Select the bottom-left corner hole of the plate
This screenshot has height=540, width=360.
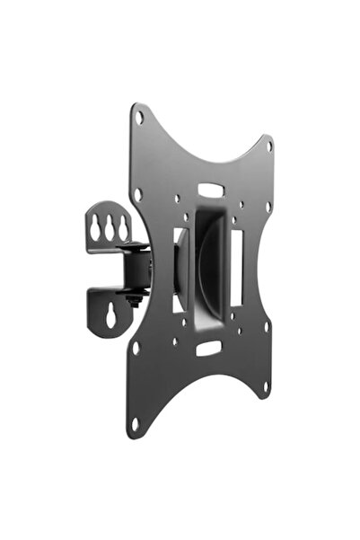coord(136,422)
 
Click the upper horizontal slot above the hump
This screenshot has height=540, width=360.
coord(209,190)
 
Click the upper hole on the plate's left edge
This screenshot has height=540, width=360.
coord(137,193)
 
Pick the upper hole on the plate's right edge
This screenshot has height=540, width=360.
coord(268,206)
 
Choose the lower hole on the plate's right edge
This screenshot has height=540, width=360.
coord(267,327)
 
